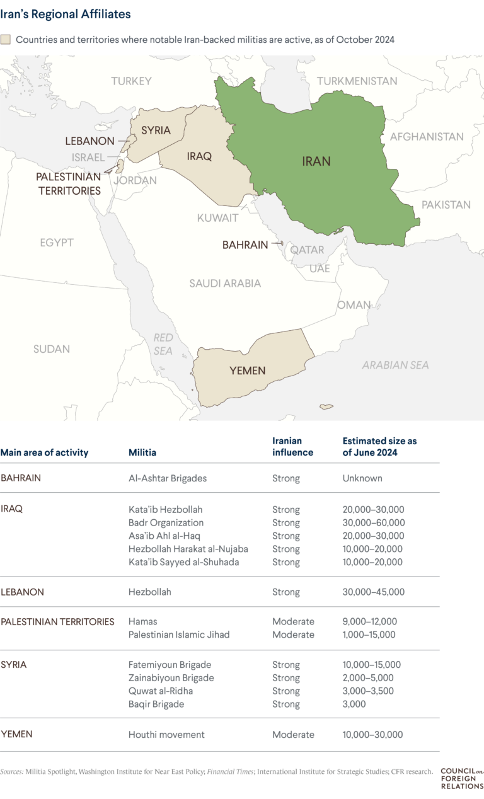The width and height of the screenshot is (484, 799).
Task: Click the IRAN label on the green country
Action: [x=316, y=161]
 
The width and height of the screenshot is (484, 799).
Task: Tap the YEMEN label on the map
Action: [x=247, y=371]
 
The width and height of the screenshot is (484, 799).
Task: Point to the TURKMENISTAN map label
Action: [x=357, y=81]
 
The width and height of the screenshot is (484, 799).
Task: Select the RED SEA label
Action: [x=163, y=344]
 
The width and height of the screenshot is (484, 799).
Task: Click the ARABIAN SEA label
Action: [x=395, y=365]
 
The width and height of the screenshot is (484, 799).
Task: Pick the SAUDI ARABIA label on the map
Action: [x=225, y=284]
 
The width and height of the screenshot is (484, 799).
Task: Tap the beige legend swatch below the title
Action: [x=6, y=40]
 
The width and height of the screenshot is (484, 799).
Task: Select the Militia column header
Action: [x=142, y=452]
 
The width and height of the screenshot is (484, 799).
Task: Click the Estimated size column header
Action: [x=379, y=447]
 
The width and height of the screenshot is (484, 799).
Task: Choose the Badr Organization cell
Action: [x=166, y=522]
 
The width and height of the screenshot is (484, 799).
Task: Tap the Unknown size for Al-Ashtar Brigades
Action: [x=362, y=478]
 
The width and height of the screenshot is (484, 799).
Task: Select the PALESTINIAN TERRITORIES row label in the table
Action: [x=57, y=621]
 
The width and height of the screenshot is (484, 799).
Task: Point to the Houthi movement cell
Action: [x=166, y=734]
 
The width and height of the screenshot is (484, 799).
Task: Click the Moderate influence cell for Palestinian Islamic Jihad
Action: [x=293, y=635]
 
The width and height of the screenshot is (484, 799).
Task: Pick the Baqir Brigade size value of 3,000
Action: [x=355, y=704]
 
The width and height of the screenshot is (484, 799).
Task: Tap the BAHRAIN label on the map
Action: [x=245, y=244]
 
